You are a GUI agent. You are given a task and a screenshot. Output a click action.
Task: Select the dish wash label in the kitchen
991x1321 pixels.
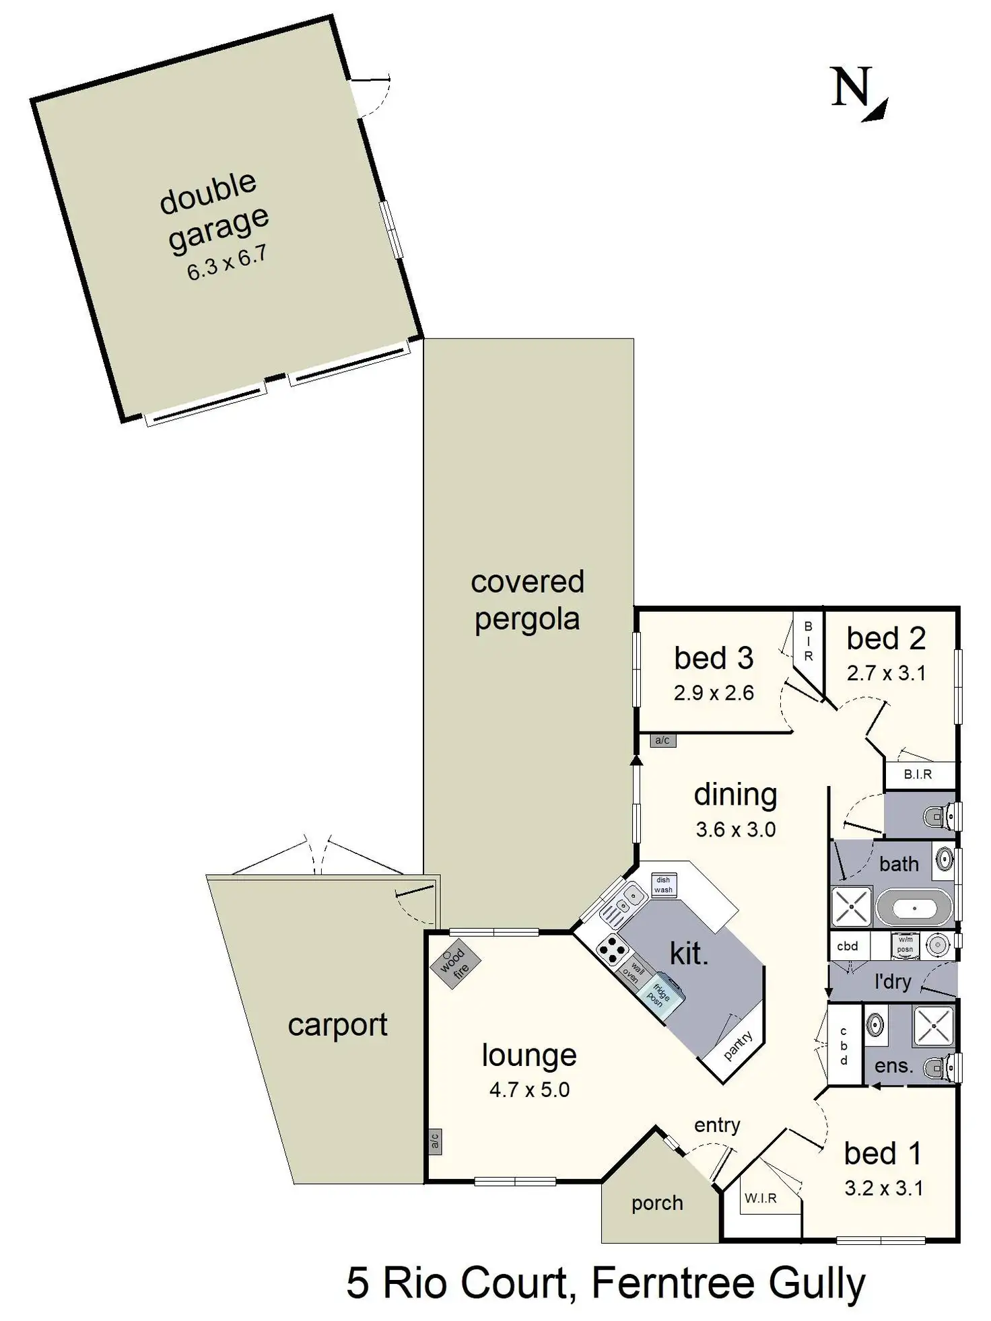pos(663,884)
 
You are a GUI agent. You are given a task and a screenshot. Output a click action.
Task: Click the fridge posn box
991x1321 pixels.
pos(659,994)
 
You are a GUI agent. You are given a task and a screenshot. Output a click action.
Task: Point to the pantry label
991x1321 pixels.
pos(738,1045)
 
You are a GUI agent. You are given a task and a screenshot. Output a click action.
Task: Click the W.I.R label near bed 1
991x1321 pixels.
pos(760,1198)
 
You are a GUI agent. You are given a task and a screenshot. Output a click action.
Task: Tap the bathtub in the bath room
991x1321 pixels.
pos(914,908)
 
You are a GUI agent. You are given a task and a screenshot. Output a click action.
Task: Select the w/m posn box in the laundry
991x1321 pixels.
pos(905,945)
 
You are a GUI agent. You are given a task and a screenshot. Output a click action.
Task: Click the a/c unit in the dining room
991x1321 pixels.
pos(662,740)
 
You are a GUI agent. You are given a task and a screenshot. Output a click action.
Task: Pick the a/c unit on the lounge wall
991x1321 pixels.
pos(434,1141)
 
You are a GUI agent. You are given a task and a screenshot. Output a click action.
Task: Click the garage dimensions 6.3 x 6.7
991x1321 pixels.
pos(227,263)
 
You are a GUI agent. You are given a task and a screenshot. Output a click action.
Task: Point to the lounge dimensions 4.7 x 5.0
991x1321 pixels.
pos(529,1090)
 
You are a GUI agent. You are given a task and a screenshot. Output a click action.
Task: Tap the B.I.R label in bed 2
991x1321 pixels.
pos(918,775)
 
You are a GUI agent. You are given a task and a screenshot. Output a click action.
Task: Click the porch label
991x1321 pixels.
pos(657,1203)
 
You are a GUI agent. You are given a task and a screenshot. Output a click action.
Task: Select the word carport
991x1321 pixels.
pos(337,1025)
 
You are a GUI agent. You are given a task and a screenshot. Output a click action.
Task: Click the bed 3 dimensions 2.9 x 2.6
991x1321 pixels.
pos(714,692)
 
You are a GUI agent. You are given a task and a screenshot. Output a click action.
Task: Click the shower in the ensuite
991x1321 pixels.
pos(933,1026)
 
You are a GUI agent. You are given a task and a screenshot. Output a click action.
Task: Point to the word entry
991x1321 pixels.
pos(717,1124)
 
